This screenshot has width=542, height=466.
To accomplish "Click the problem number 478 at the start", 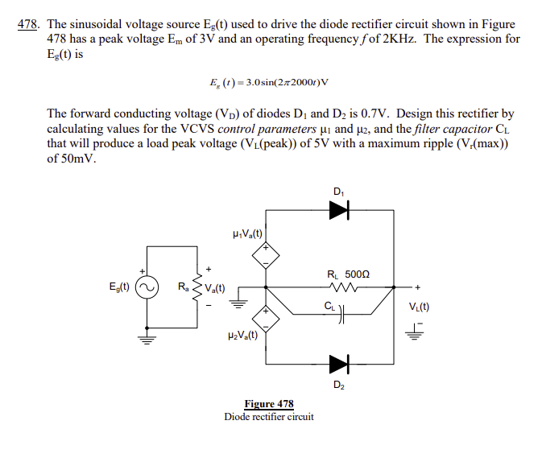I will (27, 25).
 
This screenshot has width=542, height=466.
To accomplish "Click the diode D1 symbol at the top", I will (340, 211).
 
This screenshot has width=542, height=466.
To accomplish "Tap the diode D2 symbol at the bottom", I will (340, 364).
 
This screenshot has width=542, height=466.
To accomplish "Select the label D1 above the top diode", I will (338, 191).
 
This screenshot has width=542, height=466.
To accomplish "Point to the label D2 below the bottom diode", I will (338, 385).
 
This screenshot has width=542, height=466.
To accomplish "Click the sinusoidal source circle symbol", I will (146, 287).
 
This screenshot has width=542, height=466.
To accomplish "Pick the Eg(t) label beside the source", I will (120, 287).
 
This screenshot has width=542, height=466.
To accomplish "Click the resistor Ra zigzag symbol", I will (195, 287).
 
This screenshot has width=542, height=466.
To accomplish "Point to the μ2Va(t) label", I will (243, 336).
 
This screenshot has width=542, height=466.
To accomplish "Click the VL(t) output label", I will (419, 306).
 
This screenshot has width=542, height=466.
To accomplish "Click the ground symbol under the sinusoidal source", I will (146, 337).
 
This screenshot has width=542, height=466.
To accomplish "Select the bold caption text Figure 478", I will (269, 404).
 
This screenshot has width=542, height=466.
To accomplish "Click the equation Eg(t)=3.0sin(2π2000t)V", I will (269, 82).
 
